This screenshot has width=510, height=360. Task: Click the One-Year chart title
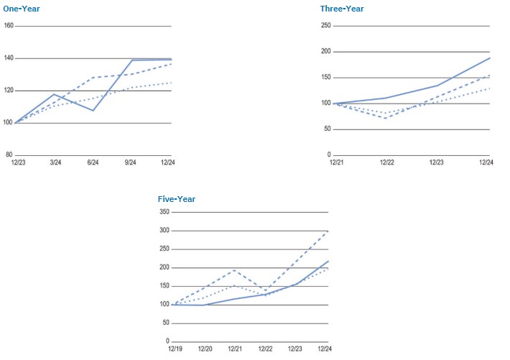(x=21, y=8)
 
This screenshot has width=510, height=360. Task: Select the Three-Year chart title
(x=342, y=8)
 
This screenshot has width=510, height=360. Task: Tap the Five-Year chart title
(x=177, y=199)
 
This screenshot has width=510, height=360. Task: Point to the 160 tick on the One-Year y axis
(x=9, y=26)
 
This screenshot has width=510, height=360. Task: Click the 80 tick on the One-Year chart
(x=9, y=155)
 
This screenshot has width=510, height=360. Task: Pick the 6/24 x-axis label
(x=93, y=163)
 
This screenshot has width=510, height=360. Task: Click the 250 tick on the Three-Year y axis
(x=325, y=26)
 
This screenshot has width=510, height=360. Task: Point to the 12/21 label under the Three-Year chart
(x=335, y=162)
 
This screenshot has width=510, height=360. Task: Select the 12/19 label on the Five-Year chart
(x=175, y=349)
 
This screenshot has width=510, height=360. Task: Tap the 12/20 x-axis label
(x=205, y=349)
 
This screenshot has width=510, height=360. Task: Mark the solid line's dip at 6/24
(x=93, y=111)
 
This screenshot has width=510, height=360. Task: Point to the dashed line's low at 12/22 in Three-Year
(x=386, y=118)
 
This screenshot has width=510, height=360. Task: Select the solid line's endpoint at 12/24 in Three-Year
(x=490, y=57)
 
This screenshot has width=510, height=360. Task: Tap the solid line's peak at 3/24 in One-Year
(x=54, y=94)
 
